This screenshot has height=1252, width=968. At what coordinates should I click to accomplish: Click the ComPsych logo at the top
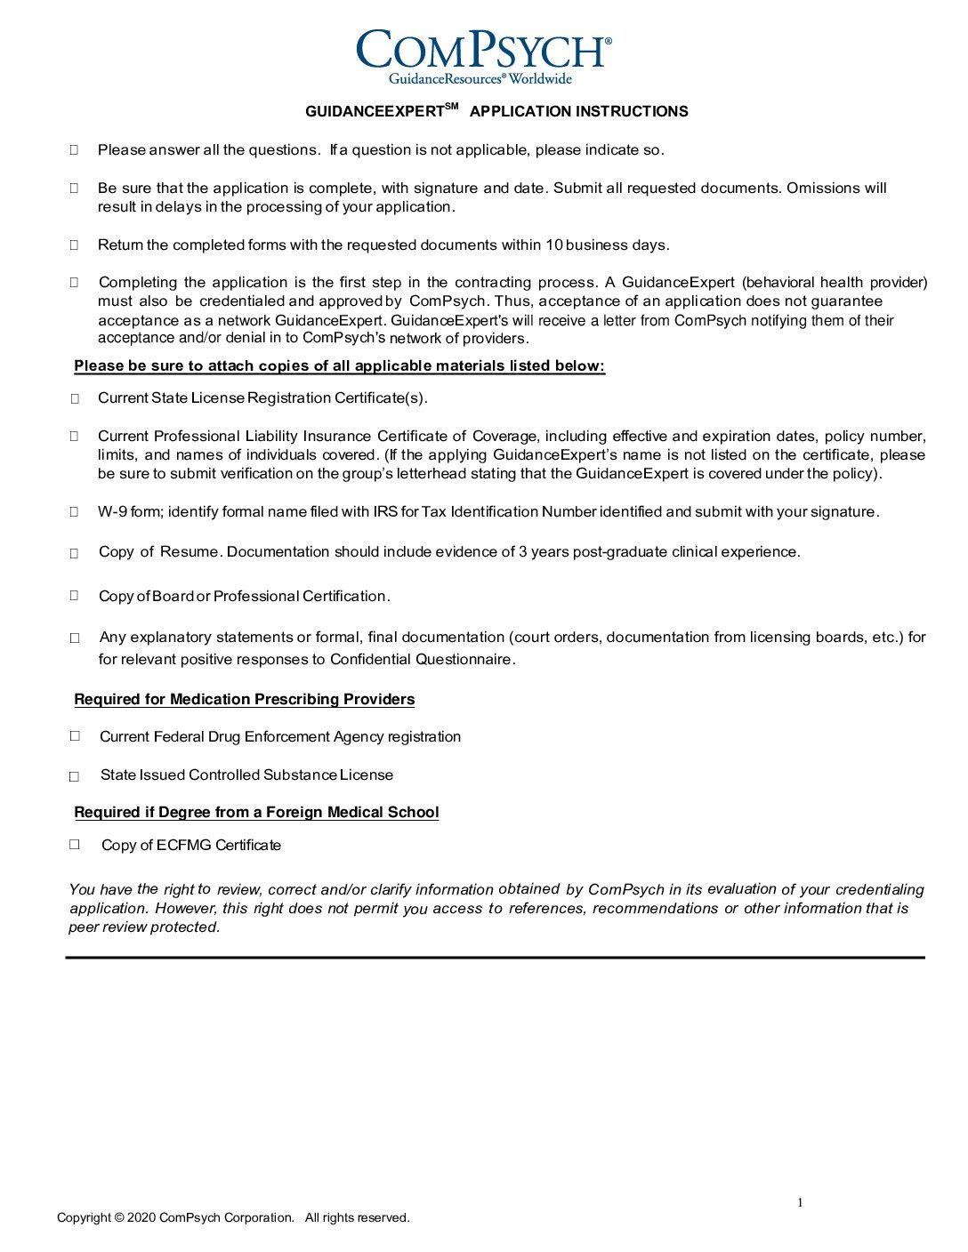483,55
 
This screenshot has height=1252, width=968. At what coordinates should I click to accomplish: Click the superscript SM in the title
451,107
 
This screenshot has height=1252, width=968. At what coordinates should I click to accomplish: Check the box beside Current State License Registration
75,399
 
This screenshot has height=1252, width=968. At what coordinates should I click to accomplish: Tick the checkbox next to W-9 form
75,511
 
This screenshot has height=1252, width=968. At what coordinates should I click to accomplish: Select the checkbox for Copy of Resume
75,553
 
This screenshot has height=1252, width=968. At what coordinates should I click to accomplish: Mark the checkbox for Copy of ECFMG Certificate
75,844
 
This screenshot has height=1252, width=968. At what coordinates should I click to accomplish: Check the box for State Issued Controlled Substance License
75,776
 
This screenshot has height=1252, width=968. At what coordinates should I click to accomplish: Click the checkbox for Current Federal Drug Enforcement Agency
75,735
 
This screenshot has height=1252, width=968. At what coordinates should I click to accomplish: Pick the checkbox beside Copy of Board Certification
75,595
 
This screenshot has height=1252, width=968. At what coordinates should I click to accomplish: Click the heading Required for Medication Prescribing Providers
245,700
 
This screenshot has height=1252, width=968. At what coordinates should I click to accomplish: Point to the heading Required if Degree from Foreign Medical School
256,813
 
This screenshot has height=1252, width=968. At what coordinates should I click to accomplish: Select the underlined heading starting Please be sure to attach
339,366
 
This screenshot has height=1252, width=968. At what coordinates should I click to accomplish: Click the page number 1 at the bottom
800,1203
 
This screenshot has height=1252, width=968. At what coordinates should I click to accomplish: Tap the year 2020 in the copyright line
141,1218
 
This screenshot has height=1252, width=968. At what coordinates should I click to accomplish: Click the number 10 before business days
554,245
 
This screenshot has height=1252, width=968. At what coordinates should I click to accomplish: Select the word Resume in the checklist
190,552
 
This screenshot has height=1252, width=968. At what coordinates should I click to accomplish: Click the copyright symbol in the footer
119,1218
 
